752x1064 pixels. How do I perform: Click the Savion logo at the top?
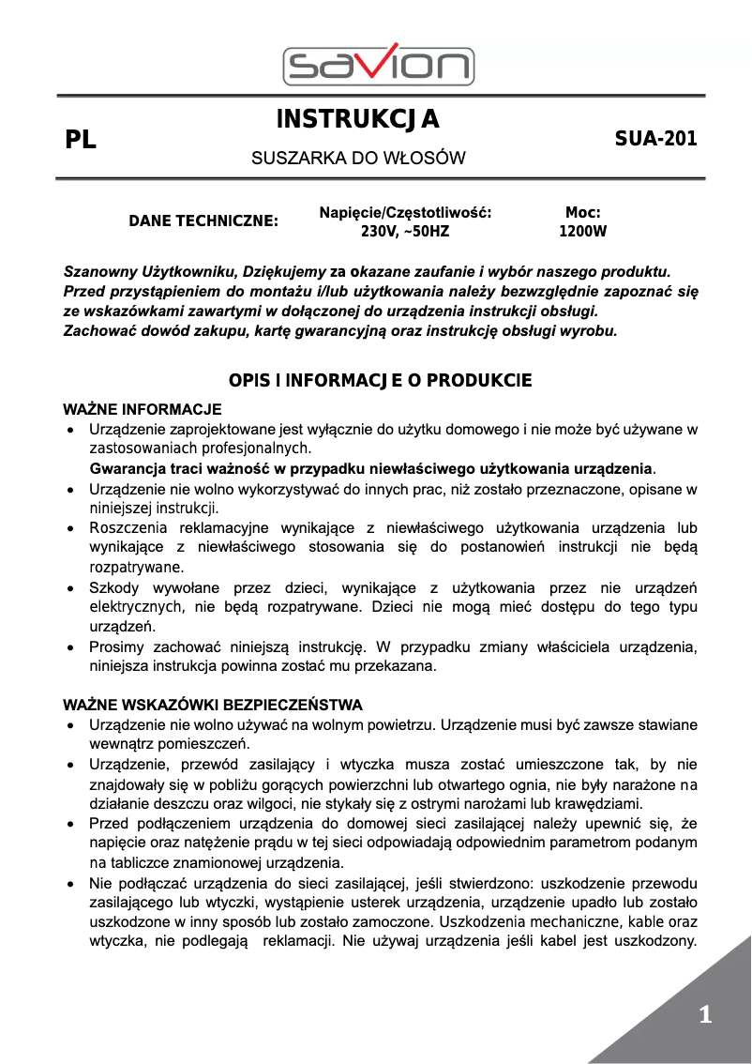[378, 65]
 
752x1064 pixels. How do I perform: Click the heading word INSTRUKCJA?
[358, 120]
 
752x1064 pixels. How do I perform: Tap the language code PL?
[81, 141]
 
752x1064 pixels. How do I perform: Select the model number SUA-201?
[655, 139]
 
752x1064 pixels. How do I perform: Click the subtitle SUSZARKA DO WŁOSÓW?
[358, 159]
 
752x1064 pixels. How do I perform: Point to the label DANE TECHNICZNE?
[203, 221]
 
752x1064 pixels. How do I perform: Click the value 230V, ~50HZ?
[405, 231]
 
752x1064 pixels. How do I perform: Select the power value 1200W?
[582, 231]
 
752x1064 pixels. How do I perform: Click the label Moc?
[582, 213]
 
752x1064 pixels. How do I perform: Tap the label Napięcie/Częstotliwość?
[405, 213]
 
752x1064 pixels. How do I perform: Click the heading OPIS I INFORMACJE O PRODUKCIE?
[381, 380]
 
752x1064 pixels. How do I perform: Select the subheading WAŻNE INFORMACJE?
[142, 409]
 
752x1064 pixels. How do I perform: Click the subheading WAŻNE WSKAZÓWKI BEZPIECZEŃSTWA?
[212, 705]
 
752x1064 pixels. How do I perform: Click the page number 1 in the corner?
[705, 1014]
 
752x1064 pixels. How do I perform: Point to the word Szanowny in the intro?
[97, 271]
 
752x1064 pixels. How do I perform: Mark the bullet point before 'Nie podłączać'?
[70, 884]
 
